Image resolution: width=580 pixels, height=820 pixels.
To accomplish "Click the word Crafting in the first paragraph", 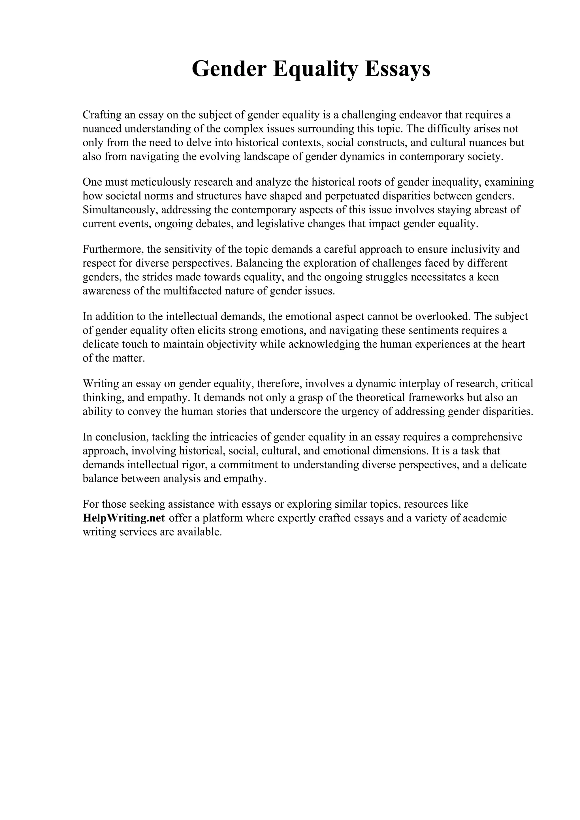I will click(101, 115).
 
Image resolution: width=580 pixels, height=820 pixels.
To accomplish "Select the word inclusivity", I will click(479, 249).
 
